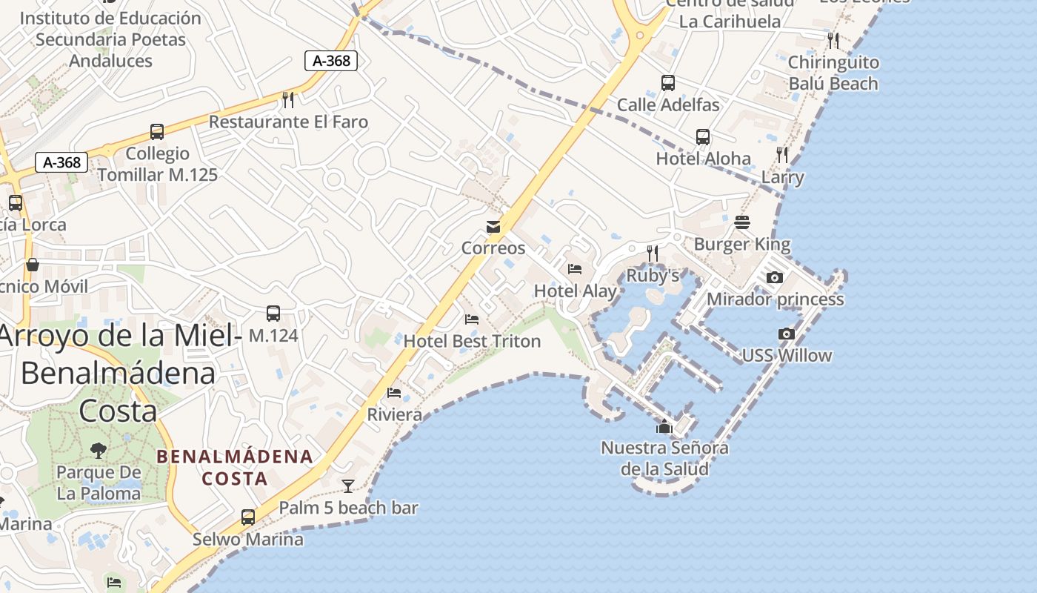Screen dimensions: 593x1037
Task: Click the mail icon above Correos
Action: click(493, 226)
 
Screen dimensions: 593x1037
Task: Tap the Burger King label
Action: click(741, 244)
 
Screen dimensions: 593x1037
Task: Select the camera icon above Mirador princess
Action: click(775, 277)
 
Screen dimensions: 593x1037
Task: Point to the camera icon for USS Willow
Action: click(787, 334)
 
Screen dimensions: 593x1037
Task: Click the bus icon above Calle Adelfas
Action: click(668, 82)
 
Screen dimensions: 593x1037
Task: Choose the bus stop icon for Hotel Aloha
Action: click(703, 137)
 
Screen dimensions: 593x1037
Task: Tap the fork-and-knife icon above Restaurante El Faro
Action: click(288, 99)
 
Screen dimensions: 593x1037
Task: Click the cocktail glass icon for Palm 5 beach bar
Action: click(348, 486)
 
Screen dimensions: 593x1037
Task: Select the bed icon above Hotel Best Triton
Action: click(472, 319)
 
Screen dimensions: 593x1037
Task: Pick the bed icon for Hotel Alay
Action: click(575, 269)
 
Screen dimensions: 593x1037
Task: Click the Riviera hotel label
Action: click(395, 414)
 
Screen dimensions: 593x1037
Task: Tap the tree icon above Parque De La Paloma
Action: click(98, 450)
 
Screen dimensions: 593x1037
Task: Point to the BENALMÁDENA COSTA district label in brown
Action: click(235, 467)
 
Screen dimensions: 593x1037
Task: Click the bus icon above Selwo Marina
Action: click(248, 517)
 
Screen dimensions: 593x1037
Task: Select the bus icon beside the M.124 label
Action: click(273, 313)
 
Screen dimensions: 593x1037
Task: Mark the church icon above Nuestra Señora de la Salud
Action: click(664, 426)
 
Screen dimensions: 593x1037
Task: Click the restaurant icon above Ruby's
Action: click(653, 253)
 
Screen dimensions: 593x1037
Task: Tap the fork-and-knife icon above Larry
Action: click(783, 154)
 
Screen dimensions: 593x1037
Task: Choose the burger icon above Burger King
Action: click(742, 222)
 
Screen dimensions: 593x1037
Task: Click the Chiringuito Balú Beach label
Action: click(833, 73)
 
